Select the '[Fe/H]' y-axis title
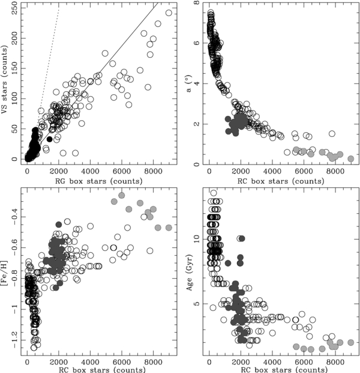pos(6,271)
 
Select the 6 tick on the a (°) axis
pos(197,42)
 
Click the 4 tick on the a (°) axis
pos(197,83)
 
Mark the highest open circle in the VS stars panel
pos(169,13)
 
